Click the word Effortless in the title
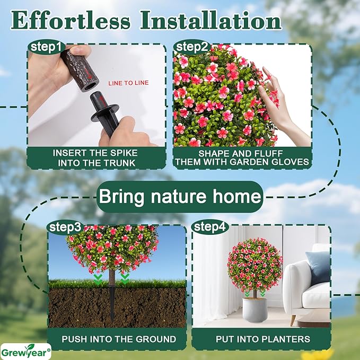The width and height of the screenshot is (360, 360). click(x=71, y=21)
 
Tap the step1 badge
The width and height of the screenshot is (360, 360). click(x=46, y=47)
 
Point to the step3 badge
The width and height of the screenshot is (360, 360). click(x=65, y=227)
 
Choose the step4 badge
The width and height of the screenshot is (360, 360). click(x=210, y=227)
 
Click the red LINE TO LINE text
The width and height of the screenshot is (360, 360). click(x=128, y=83)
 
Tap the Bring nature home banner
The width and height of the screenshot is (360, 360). click(x=180, y=197)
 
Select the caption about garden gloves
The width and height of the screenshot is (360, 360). click(x=242, y=157)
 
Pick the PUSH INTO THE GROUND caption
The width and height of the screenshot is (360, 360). click(x=119, y=339)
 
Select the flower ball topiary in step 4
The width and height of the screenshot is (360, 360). click(x=254, y=264)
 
